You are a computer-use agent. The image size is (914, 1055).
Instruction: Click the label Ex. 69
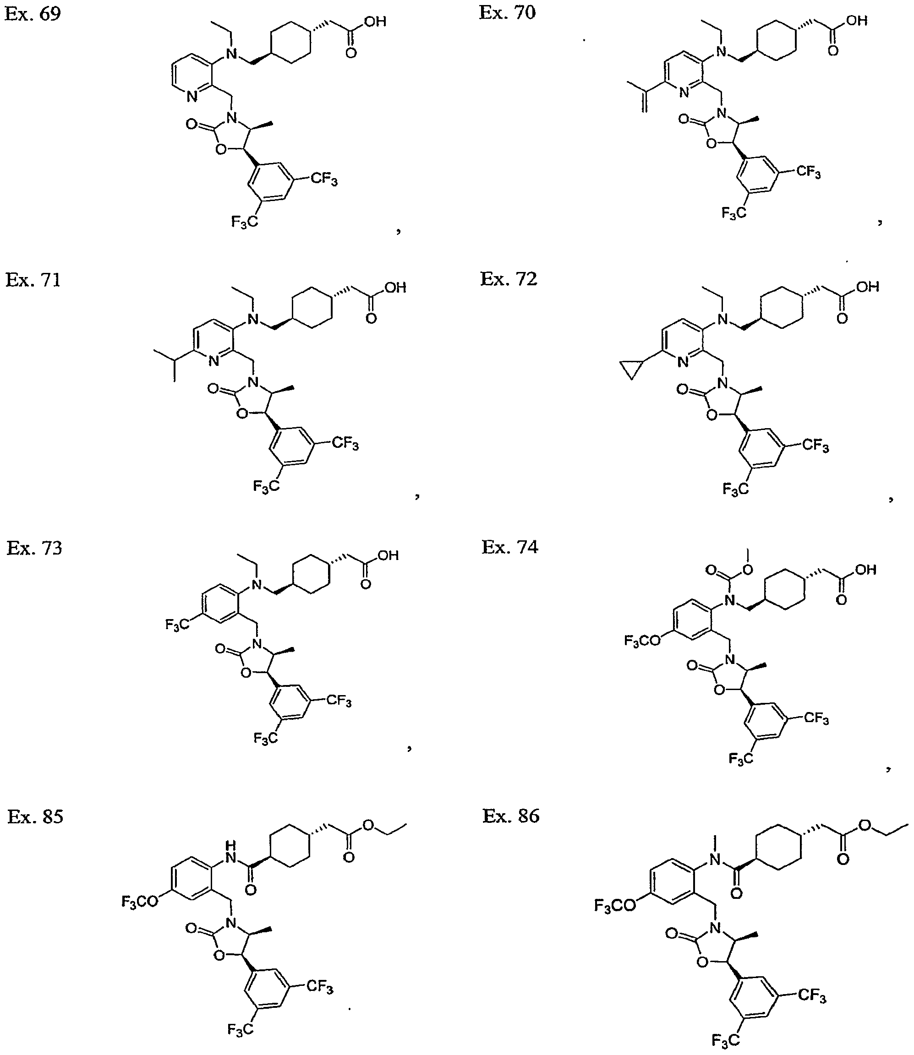pos(33,14)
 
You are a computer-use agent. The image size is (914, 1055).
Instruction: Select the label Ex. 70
pos(508,12)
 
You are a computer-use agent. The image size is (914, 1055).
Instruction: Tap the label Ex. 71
pos(33,280)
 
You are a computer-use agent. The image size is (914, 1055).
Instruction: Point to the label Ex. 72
pos(509,279)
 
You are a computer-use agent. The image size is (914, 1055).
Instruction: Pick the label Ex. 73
pos(34,548)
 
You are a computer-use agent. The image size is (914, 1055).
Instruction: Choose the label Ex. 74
pos(510,547)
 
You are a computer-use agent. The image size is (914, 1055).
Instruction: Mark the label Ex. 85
pos(35,816)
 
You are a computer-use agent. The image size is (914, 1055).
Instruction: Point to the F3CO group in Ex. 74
pos(642,641)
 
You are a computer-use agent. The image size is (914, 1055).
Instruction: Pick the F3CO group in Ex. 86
pos(615,905)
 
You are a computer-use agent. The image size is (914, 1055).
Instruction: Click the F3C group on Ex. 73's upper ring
pos(176,624)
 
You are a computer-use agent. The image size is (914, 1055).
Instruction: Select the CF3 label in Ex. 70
pos(809,172)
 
